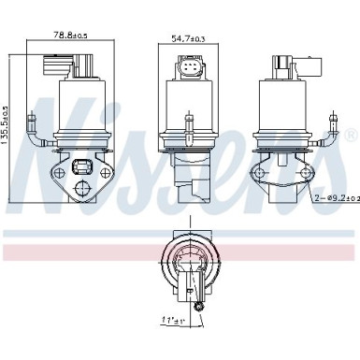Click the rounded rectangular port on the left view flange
click(81, 170)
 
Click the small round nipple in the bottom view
click(197, 307)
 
